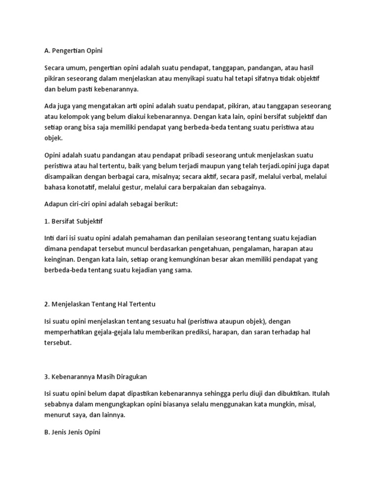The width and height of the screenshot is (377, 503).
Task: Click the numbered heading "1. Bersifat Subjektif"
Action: tap(74, 221)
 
